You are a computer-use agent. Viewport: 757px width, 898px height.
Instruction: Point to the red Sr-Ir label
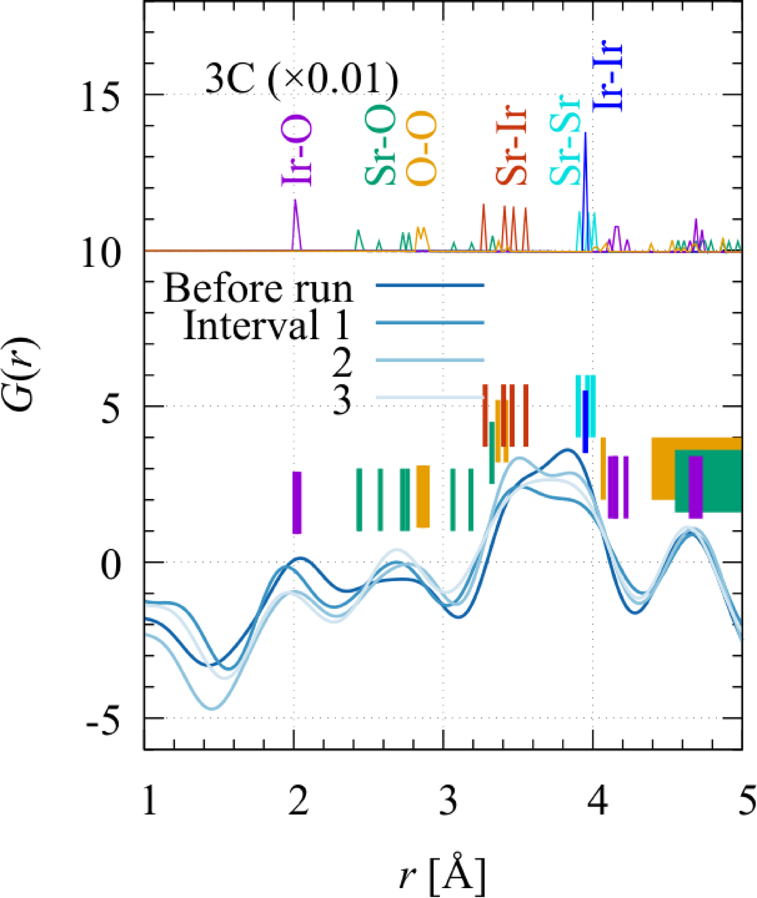pyautogui.click(x=511, y=146)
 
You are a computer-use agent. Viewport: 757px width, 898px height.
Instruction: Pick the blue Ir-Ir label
pyautogui.click(x=608, y=76)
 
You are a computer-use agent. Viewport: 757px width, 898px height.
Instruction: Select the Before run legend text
pyautogui.click(x=258, y=288)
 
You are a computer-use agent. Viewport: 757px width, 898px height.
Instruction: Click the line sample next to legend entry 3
pyautogui.click(x=430, y=397)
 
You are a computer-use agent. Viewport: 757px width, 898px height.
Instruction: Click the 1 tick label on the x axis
pyautogui.click(x=149, y=802)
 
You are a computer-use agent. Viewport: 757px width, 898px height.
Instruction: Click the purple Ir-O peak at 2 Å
pyautogui.click(x=296, y=219)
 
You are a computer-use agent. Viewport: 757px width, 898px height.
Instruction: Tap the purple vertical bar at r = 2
pyautogui.click(x=297, y=503)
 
